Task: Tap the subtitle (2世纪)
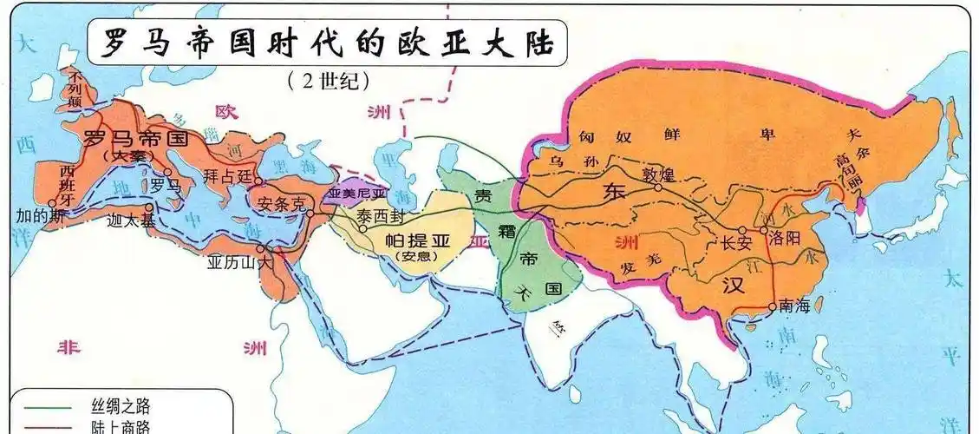point(328,81)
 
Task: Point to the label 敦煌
point(658,174)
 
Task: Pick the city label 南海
point(794,306)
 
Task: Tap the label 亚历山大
point(240,260)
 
